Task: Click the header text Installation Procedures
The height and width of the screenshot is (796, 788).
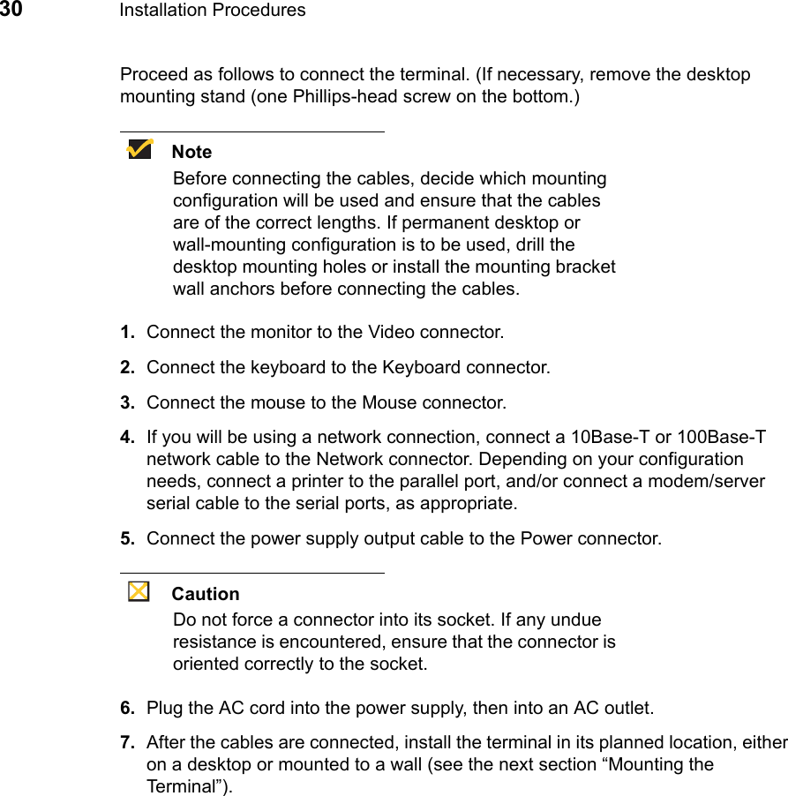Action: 212,11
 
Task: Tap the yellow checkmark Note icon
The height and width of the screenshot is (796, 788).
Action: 139,149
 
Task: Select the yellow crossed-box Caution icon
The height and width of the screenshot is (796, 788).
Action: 139,591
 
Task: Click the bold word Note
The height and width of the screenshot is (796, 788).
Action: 191,152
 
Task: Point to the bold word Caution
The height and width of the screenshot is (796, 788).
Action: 206,594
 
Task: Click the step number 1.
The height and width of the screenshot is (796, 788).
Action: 127,333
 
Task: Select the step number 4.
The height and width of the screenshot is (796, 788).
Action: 127,438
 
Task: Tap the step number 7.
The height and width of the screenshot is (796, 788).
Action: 127,742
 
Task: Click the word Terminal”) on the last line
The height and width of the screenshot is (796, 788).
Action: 190,786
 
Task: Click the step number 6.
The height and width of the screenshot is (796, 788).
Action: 127,708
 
